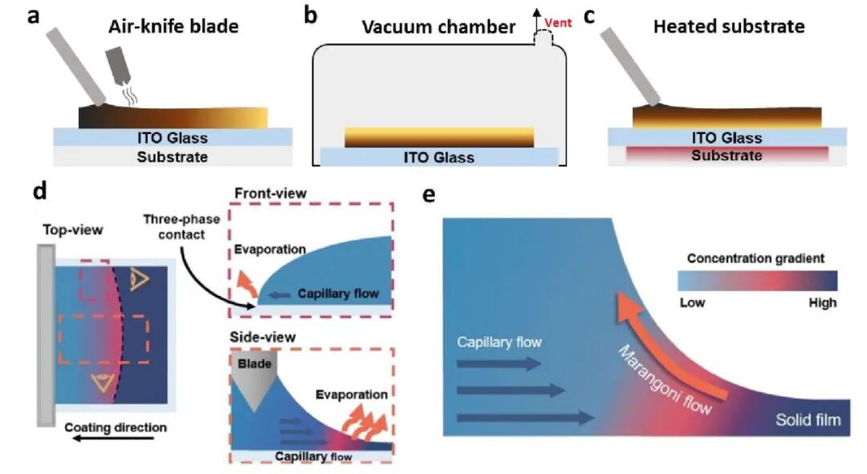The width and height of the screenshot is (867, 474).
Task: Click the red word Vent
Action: coord(558,22)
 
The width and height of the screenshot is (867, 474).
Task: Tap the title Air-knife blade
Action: coord(173,26)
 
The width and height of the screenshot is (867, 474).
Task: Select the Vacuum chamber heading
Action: coord(438,26)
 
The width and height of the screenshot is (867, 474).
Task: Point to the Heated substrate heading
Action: coord(729,26)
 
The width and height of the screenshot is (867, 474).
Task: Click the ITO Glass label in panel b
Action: coord(438,157)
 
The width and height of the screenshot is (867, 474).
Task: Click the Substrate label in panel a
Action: coord(173,157)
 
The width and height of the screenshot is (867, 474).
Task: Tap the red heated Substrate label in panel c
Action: coord(727,156)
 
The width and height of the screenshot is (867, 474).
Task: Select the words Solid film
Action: coord(808,419)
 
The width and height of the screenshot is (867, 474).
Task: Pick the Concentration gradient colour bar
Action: coord(758,281)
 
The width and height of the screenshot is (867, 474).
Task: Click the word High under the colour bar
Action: coord(822,302)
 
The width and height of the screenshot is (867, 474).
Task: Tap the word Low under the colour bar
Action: coord(692,302)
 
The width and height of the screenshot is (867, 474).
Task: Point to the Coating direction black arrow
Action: coord(114,439)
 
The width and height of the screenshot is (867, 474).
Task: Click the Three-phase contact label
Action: coord(181,226)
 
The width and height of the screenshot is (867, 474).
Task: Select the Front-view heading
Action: coord(271,193)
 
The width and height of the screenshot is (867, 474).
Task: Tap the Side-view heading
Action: coord(263,337)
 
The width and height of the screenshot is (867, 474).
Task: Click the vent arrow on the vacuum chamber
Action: coord(535,20)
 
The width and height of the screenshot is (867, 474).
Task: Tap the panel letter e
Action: coord(428,195)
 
